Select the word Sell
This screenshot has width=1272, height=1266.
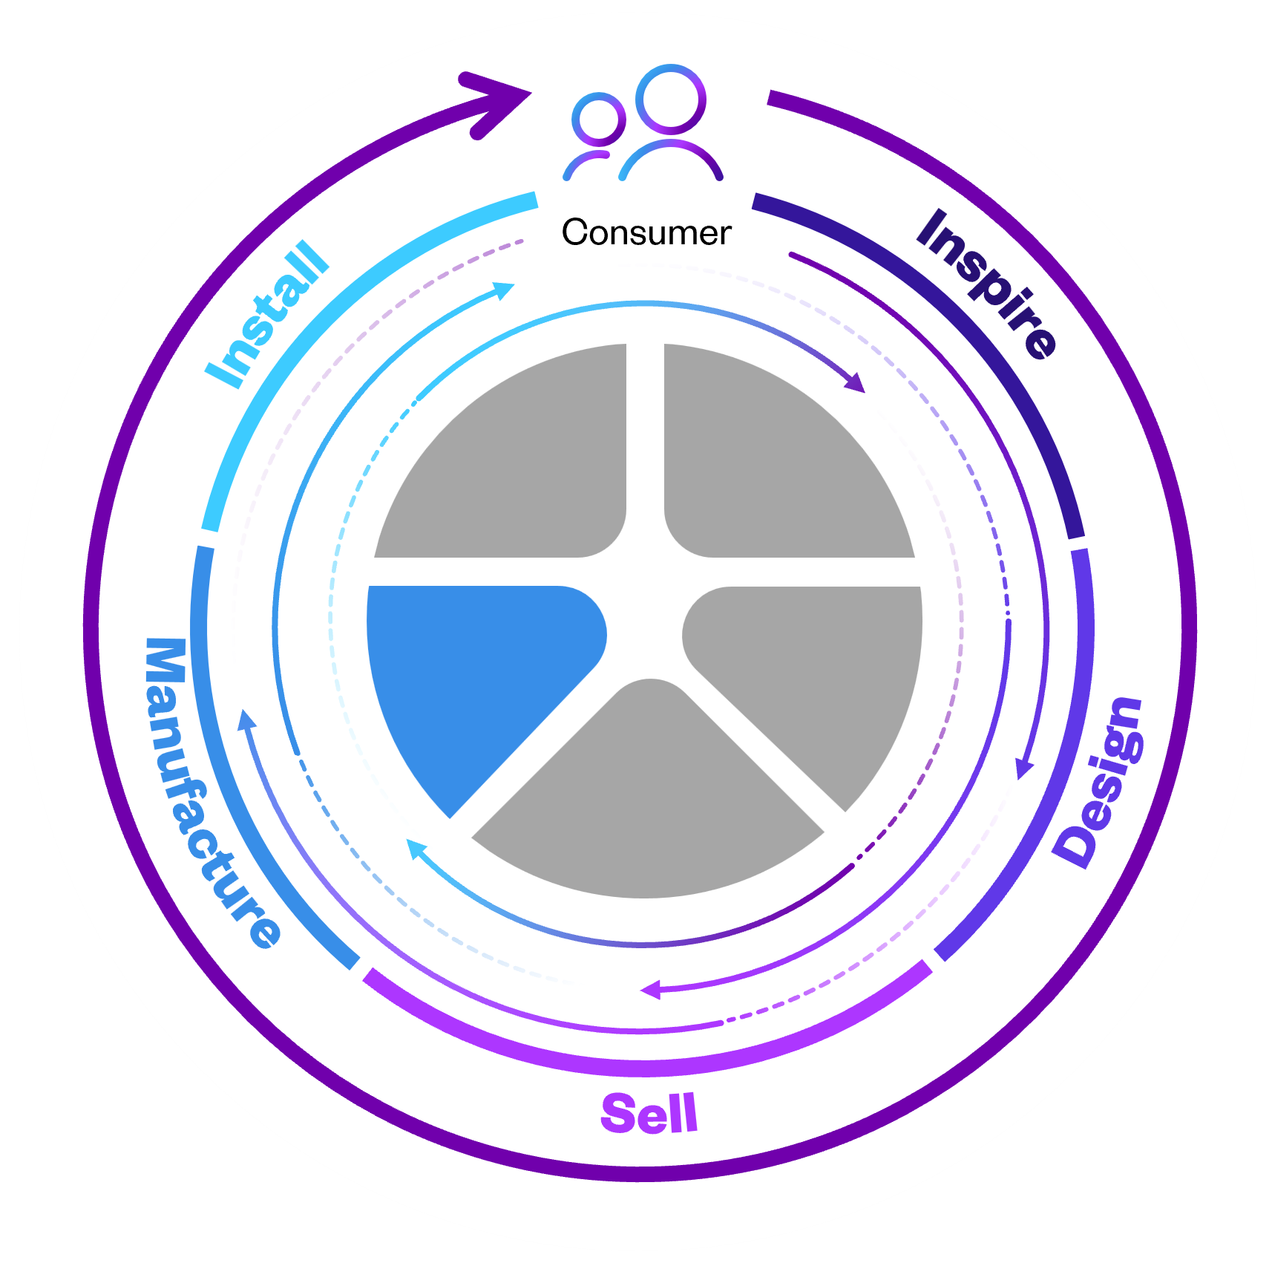tap(649, 1114)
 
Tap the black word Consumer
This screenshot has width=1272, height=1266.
tap(646, 232)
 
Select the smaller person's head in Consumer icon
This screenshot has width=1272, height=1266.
tap(598, 120)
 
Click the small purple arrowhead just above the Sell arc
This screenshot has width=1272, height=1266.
tap(651, 990)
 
